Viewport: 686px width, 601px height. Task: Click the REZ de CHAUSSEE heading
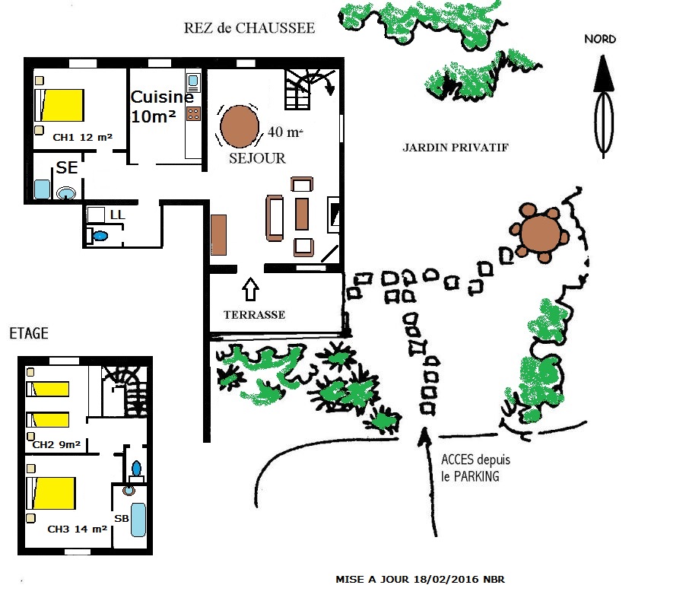(x=249, y=28)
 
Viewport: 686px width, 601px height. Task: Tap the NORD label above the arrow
(x=600, y=40)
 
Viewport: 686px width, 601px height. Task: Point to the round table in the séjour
(x=238, y=126)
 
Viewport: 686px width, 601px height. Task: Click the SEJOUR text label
(x=257, y=158)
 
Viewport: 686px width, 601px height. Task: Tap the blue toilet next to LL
(x=99, y=237)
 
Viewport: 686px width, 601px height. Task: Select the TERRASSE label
(x=254, y=314)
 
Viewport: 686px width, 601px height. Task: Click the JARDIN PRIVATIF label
(x=455, y=148)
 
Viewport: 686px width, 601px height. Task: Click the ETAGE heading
(x=28, y=333)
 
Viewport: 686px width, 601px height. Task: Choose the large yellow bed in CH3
(x=52, y=493)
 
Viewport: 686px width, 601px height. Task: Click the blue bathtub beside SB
(x=138, y=518)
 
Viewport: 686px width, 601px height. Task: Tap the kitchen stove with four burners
(x=193, y=115)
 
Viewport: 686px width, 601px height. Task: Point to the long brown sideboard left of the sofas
(x=219, y=235)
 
